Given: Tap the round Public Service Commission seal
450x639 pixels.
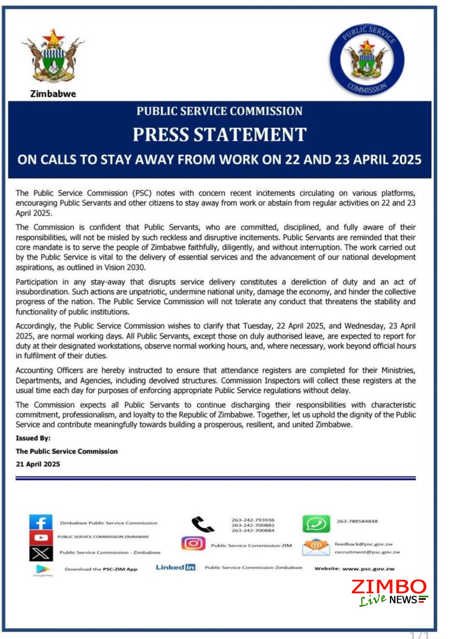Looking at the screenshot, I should click(x=367, y=59).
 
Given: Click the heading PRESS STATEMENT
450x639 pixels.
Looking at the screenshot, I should click(x=220, y=135).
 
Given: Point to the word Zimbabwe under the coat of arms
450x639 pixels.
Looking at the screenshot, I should click(x=53, y=94).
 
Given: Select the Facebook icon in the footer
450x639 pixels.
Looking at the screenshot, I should click(x=41, y=522).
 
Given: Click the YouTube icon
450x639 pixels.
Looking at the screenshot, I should click(x=41, y=537).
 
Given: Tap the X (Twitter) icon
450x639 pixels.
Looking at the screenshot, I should click(x=41, y=553).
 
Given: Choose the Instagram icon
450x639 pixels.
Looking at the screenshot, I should click(x=193, y=543).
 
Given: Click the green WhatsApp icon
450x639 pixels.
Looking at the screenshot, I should click(x=316, y=524).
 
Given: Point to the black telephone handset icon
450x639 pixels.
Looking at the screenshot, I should click(x=202, y=524).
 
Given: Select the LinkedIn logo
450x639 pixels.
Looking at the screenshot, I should click(x=175, y=567).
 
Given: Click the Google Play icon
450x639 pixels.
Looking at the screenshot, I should click(x=43, y=569).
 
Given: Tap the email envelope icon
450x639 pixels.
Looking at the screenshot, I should click(x=315, y=547).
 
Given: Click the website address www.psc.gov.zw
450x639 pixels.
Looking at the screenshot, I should click(x=368, y=569).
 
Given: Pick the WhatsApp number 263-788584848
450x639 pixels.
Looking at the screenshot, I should click(x=357, y=521).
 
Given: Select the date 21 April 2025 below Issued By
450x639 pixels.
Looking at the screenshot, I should click(x=38, y=464).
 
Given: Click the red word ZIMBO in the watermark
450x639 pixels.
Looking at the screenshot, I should click(x=389, y=587).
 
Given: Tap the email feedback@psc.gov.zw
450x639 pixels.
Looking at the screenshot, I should click(x=364, y=544).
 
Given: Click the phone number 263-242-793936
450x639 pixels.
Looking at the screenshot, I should click(x=253, y=520).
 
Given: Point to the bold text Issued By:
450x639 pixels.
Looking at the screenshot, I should click(x=33, y=438).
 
